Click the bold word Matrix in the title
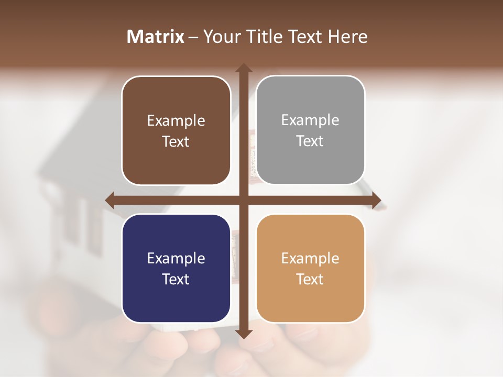click(x=156, y=37)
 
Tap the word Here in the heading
click(x=347, y=37)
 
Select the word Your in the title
click(x=221, y=37)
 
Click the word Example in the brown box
click(x=176, y=121)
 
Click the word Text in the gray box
click(x=310, y=141)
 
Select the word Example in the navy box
click(x=176, y=258)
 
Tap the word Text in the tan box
click(x=310, y=279)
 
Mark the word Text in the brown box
click(x=176, y=142)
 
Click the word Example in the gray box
click(x=310, y=120)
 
